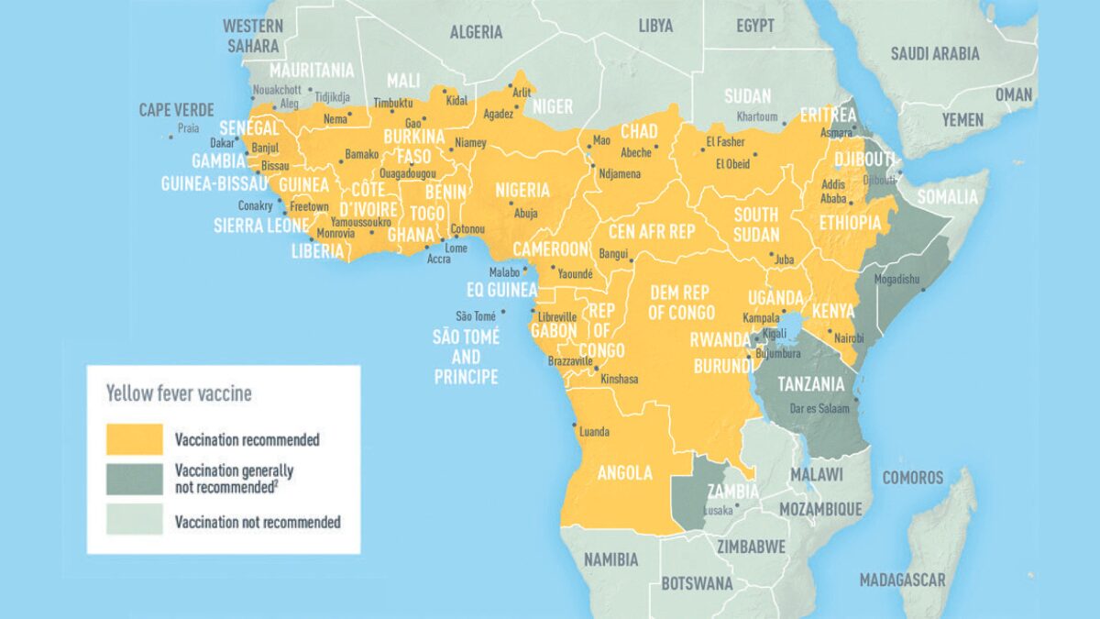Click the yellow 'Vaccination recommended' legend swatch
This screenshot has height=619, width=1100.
point(134,439)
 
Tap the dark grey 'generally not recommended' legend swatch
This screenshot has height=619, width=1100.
point(134,479)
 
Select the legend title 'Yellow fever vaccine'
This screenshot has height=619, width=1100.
point(179,394)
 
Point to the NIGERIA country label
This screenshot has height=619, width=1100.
point(522,191)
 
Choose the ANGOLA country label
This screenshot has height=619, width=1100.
point(625,473)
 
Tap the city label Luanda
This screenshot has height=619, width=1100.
point(596,432)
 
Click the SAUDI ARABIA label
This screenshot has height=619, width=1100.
point(934,54)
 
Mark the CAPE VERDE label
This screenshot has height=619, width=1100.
point(176,110)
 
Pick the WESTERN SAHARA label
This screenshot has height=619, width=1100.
point(254,34)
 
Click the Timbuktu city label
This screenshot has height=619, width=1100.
point(395,104)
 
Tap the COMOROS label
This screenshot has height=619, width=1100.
point(912,478)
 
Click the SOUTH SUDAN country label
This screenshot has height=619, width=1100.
point(756,224)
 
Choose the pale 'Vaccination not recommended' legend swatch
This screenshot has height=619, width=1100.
point(134,520)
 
